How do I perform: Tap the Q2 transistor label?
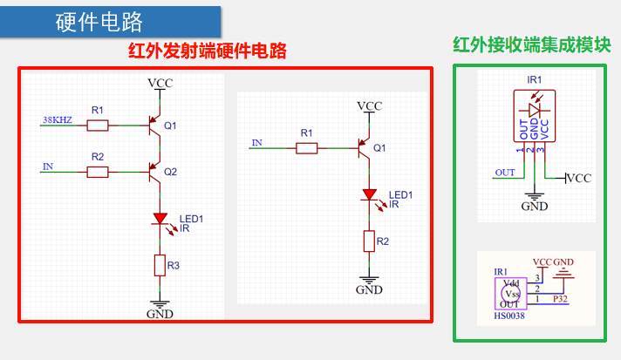[170, 172]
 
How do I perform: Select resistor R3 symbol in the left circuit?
[160, 263]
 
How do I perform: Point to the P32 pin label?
[562, 299]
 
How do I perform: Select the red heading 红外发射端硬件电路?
[208, 51]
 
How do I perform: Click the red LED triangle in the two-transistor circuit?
[160, 219]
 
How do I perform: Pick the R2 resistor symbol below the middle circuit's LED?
[369, 240]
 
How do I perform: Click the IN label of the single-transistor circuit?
[257, 141]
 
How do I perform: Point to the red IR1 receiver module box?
[535, 115]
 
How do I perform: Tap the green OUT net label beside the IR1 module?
[505, 173]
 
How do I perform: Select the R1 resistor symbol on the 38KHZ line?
[98, 126]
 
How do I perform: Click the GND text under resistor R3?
[160, 314]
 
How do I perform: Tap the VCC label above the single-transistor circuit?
[369, 106]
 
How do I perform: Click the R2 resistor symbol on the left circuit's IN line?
[98, 172]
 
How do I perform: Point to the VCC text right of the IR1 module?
[578, 178]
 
